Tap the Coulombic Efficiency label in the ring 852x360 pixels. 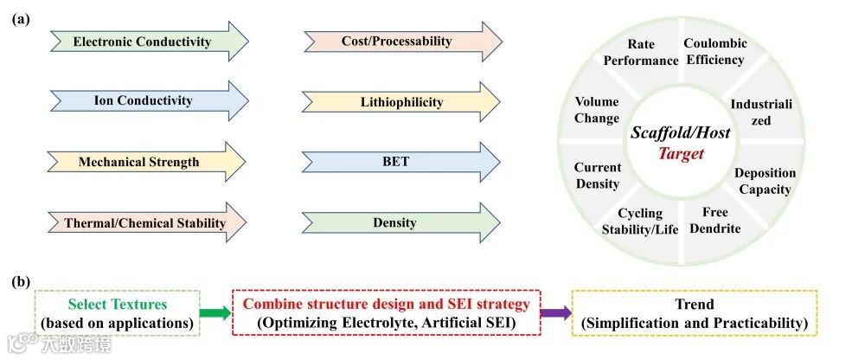tap(714, 52)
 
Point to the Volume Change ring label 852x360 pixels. tap(597, 110)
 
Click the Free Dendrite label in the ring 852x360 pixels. tap(715, 221)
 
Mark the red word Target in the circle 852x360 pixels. tap(680, 154)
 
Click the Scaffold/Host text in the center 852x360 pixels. tap(680, 133)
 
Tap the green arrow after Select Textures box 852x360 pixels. tap(214, 314)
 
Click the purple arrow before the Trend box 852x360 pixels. tap(555, 314)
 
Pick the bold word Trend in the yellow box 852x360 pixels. tap(695, 305)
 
